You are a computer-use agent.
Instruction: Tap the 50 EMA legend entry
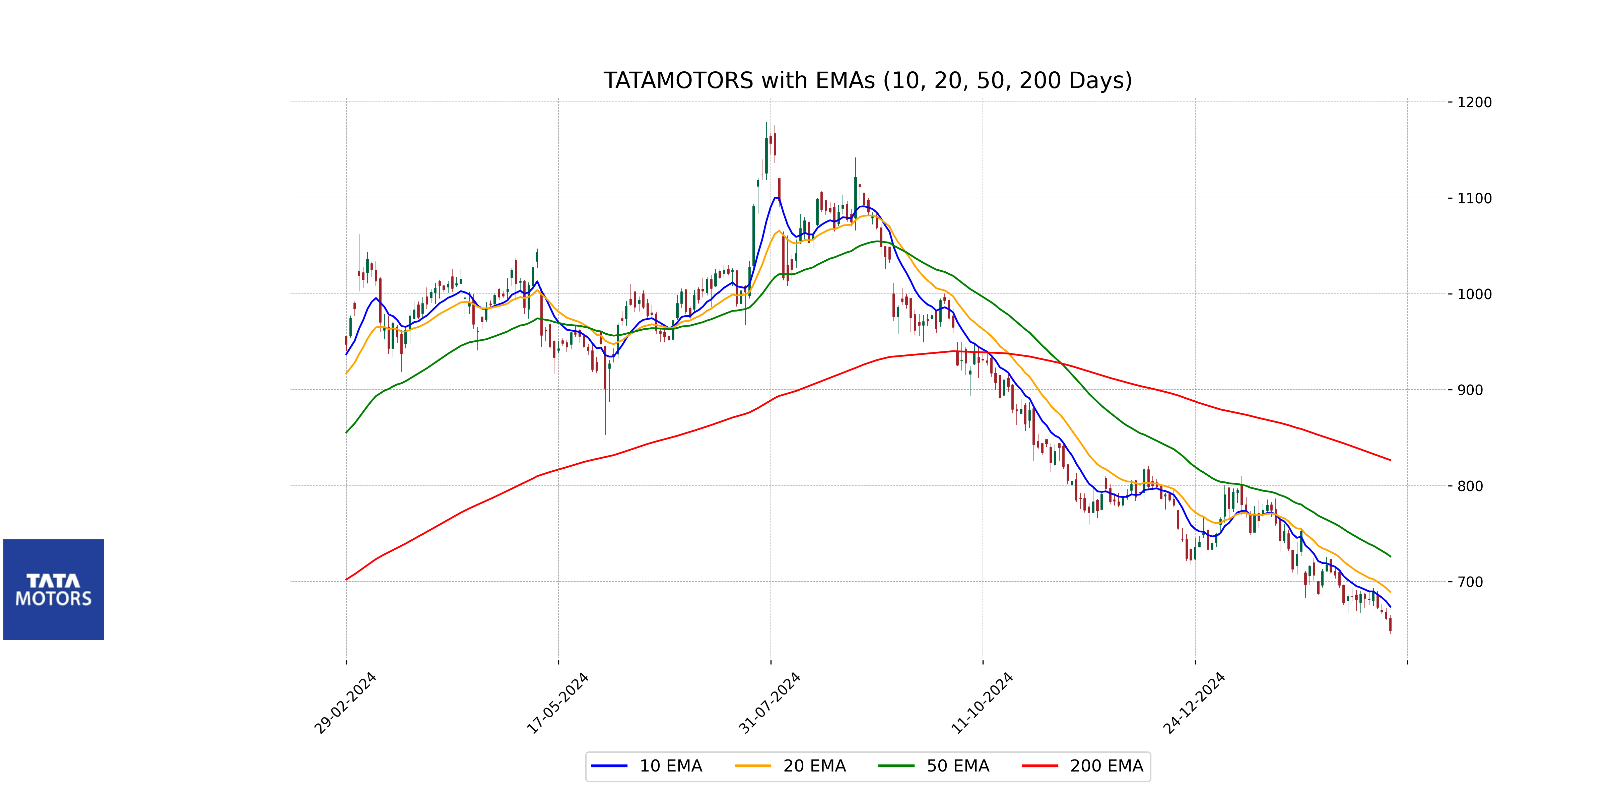[934, 766]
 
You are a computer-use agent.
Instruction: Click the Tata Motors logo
[54, 589]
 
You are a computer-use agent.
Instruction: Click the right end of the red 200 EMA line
[1390, 460]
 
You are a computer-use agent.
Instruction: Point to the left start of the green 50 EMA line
[346, 432]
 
